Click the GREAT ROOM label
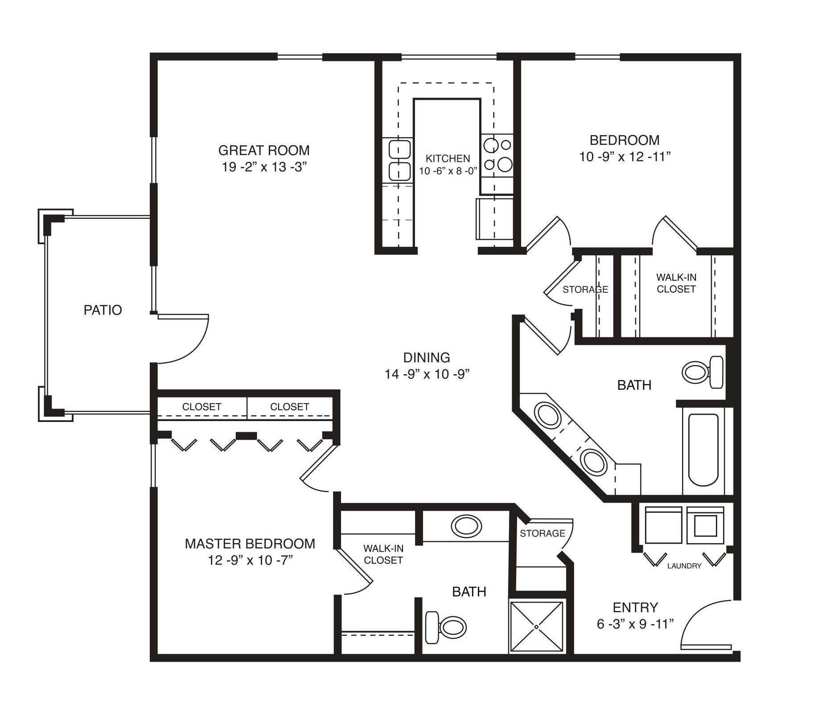264,150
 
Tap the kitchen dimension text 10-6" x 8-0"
448,171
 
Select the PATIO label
103,310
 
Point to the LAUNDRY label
684,566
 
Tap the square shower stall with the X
537,626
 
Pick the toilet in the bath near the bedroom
703,372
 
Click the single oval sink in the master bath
467,526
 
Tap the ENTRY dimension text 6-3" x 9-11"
635,624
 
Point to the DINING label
427,357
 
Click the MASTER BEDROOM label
250,544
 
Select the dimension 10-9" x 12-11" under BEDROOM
625,157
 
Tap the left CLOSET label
202,407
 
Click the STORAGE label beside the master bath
543,533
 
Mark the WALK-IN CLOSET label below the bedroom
676,283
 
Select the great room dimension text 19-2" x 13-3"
264,167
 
